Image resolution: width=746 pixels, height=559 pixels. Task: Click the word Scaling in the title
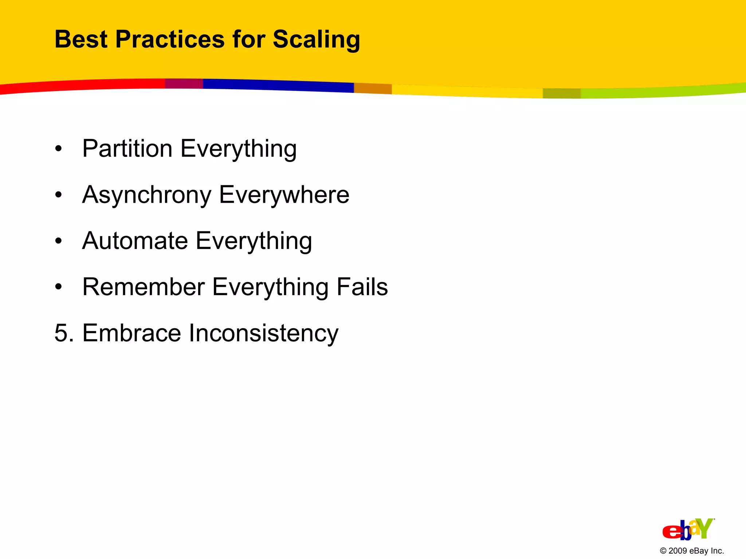tap(316, 40)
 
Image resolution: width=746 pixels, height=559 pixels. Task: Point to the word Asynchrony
tap(146, 195)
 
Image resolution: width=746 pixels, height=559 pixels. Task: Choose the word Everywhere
tap(284, 195)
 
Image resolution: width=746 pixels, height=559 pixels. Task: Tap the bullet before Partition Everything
tap(59, 149)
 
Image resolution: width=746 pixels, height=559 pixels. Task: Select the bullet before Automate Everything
tap(59, 241)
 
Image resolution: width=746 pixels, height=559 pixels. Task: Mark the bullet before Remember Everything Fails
tap(59, 287)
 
